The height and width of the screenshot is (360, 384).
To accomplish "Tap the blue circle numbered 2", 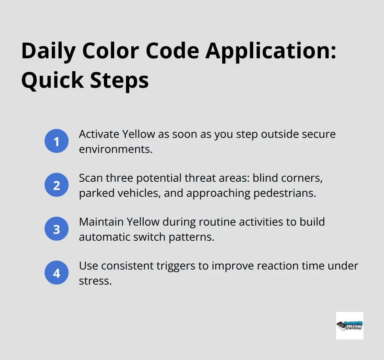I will tap(57, 185).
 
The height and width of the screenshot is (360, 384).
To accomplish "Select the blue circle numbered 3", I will tap(57, 229).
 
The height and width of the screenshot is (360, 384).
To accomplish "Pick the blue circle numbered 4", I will tap(57, 273).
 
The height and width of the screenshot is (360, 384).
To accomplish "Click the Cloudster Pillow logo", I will tap(349, 325).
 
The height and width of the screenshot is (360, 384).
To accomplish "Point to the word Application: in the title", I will tap(271, 51).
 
